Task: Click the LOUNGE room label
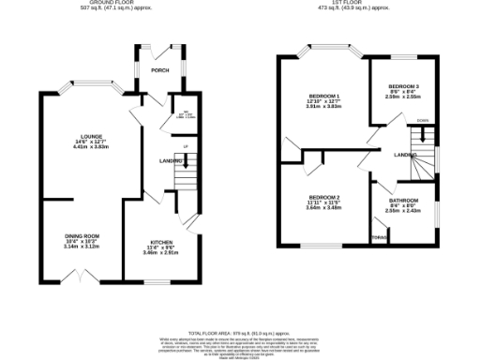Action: tap(79, 136)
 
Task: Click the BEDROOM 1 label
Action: tap(323, 96)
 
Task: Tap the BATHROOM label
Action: tap(403, 201)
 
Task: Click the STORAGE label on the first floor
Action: tap(379, 237)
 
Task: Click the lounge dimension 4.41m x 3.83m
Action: tap(79, 148)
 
